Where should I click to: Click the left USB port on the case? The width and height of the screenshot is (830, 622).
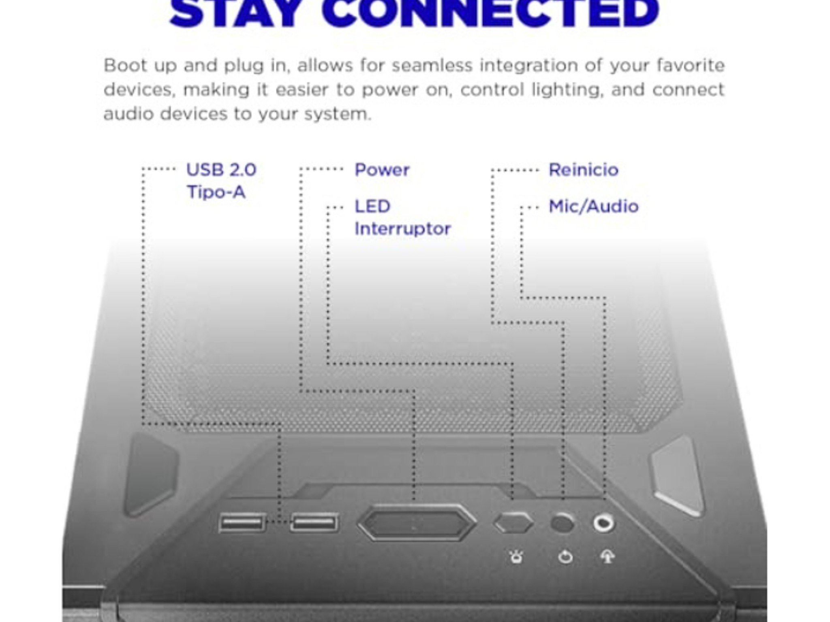tap(242, 522)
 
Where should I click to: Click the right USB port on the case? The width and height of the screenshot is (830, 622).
tap(314, 522)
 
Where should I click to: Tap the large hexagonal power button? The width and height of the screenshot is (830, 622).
tap(417, 523)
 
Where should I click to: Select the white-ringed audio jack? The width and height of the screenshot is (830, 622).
tap(603, 522)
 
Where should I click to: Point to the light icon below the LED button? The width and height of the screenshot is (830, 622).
tap(516, 557)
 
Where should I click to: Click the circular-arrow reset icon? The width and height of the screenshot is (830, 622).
tap(565, 557)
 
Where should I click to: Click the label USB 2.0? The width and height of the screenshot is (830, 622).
tap(221, 170)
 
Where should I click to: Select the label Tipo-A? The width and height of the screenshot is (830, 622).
tap(216, 192)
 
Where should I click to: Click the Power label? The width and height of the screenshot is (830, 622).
tap(382, 170)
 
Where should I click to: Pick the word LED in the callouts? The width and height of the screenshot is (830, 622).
tap(372, 207)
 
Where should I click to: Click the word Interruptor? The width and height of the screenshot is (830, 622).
tap(402, 229)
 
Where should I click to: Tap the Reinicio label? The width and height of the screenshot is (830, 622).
tap(584, 170)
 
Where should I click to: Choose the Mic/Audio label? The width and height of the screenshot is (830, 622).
tap(594, 207)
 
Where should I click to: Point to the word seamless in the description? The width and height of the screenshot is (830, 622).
tap(432, 65)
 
